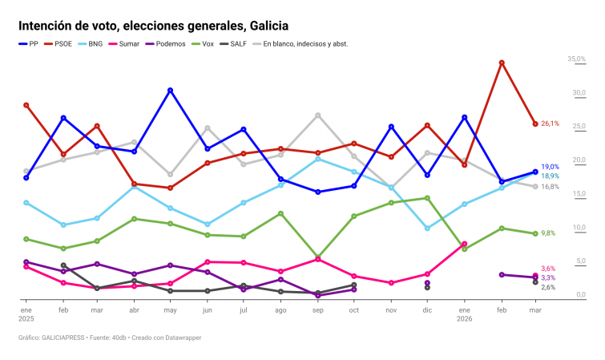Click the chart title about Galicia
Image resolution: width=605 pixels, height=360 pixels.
(153, 26)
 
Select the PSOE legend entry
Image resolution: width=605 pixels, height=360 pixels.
(63, 44)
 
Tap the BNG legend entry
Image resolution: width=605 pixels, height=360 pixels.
(95, 44)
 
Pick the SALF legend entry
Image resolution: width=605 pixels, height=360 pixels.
(239, 44)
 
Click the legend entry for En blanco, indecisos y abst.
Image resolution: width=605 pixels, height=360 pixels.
(305, 44)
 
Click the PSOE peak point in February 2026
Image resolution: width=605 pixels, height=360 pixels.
(502, 63)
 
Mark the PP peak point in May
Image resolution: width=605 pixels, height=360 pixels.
(171, 91)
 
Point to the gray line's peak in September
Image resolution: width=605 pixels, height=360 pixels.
(317, 115)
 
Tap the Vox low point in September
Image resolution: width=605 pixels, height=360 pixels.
(317, 257)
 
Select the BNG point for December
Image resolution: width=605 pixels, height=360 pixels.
(427, 229)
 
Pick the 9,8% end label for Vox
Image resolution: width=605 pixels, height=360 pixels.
(548, 233)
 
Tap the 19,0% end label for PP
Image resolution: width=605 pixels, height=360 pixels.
(550, 167)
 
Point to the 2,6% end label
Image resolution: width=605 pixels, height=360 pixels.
(548, 287)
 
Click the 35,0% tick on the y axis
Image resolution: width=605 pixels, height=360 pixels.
(577, 59)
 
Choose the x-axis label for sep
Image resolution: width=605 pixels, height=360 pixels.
(317, 309)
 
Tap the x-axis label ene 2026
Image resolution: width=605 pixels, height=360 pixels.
(465, 313)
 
